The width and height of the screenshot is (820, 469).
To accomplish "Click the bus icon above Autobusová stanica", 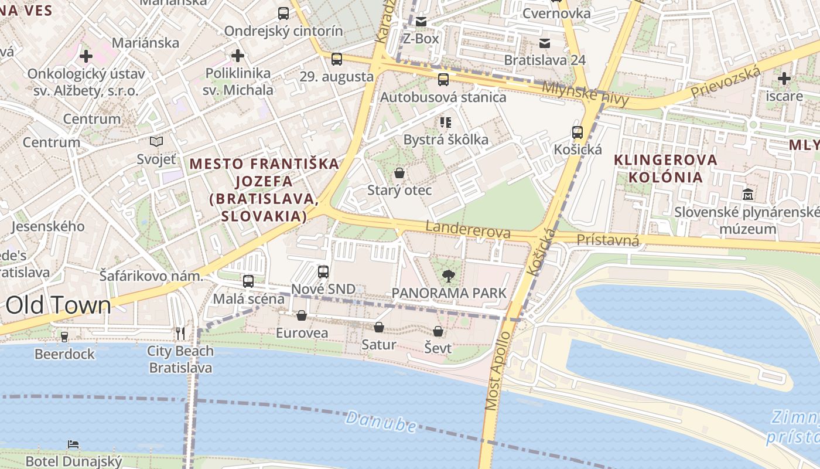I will coord(443,80).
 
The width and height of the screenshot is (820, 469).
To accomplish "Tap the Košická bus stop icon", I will coord(578,132).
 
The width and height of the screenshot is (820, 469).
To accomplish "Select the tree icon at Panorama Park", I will coord(449,276).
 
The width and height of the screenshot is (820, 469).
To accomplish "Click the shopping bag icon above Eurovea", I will coord(302,316).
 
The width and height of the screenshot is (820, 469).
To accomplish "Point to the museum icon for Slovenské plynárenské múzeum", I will coord(748,194).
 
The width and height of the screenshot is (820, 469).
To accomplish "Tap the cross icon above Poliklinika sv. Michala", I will coord(238,56).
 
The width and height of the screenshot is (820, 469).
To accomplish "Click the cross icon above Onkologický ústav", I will coord(86,56).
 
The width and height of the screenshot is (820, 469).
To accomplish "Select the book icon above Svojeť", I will coord(156,141).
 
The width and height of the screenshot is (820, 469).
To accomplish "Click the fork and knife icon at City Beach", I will coord(180,334).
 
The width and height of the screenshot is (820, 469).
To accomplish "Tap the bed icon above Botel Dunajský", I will coord(73,444).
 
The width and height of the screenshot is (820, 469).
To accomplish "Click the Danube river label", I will coord(381,422).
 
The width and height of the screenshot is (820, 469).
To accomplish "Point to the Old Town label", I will coord(58,305).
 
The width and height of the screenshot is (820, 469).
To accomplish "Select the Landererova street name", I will coord(468,230).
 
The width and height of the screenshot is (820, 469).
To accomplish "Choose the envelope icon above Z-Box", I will coord(421,22).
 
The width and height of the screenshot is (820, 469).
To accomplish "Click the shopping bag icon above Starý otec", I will coord(399,173).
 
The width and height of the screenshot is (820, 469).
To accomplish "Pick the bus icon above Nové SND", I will coord(323,271).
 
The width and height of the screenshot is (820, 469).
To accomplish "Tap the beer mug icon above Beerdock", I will coord(64,337).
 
